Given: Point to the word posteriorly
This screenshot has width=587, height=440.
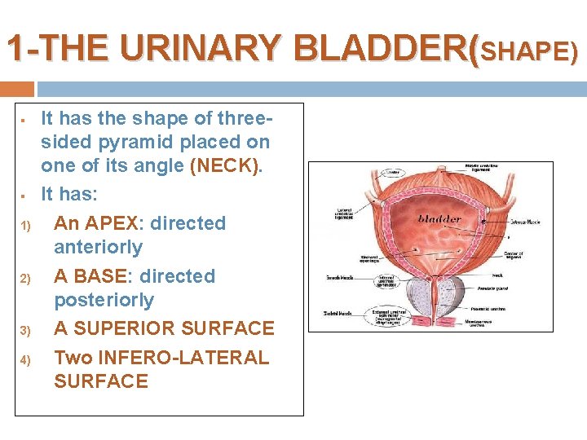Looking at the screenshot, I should point(104,300).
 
